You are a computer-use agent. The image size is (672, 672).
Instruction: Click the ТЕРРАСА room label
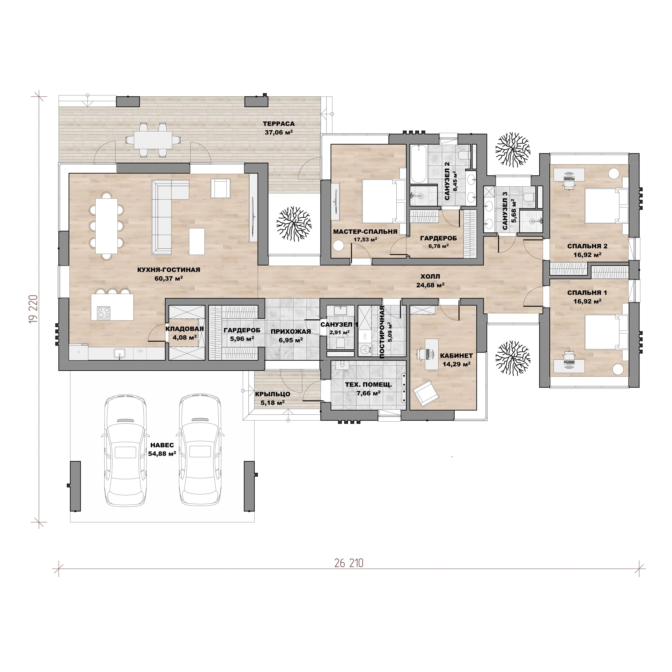(279, 124)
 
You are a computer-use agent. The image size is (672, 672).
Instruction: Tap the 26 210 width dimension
(349, 563)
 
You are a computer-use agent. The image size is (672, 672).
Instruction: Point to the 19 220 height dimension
(33, 309)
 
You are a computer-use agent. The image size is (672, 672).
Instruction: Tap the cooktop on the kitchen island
(104, 312)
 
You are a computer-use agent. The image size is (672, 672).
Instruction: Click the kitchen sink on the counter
(119, 354)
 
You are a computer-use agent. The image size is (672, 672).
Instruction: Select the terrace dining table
(153, 140)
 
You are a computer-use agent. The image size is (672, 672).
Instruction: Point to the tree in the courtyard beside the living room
(294, 224)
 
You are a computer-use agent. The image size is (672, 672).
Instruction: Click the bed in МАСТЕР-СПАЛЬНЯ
(384, 201)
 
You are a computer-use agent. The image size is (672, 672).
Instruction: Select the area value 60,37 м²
(169, 278)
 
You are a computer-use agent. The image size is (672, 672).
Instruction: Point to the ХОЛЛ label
(430, 276)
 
